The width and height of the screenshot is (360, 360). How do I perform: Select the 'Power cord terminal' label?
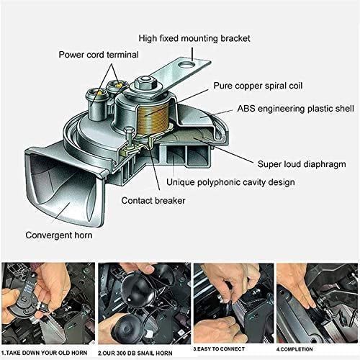pyautogui.click(x=104, y=53)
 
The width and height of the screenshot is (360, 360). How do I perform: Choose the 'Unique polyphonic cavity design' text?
pyautogui.click(x=230, y=182)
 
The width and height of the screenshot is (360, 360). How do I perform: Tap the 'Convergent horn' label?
pyautogui.click(x=63, y=235)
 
